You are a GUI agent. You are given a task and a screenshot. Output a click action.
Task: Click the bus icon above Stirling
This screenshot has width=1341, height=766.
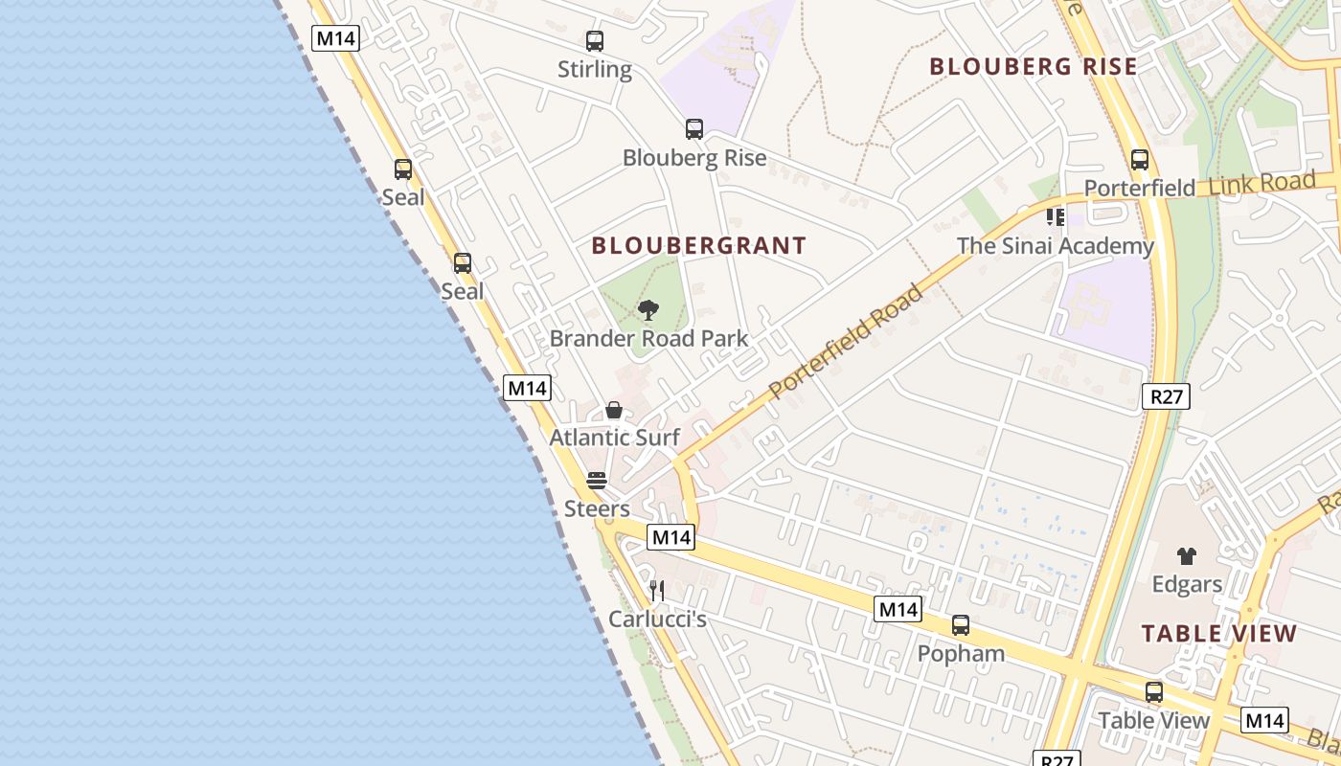(595, 41)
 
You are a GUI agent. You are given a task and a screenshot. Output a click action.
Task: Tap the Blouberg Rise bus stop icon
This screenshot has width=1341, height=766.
(694, 129)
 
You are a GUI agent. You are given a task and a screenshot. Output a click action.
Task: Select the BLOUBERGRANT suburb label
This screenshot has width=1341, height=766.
(699, 246)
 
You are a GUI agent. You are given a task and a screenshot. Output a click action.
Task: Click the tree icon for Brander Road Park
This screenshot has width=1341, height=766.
(648, 310)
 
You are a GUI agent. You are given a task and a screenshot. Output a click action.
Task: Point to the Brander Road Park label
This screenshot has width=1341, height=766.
(648, 339)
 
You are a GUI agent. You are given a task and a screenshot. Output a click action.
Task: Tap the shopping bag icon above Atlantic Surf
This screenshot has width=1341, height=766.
(614, 411)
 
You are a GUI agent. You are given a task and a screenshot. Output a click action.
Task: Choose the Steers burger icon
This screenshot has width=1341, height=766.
(597, 481)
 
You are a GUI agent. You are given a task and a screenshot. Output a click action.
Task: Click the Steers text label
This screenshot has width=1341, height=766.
(597, 508)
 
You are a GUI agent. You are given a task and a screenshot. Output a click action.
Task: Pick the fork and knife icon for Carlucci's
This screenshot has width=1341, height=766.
(657, 591)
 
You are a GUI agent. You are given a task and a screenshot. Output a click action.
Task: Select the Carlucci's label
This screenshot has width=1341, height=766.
(657, 620)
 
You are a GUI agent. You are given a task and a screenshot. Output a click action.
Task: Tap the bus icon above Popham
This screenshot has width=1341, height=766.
(961, 625)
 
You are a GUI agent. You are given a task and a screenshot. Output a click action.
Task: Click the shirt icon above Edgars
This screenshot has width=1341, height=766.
(1187, 555)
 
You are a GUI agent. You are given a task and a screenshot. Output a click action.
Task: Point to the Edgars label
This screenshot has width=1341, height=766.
(1187, 584)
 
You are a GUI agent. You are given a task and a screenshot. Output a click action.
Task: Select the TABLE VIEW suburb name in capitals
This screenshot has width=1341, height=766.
(1219, 634)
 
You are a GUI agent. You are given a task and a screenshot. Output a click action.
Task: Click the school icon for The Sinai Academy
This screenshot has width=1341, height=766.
(1056, 218)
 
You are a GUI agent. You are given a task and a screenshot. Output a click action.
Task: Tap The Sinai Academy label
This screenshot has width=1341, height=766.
(1056, 246)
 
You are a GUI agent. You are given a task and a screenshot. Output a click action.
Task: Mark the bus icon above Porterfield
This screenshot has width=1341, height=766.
(1140, 160)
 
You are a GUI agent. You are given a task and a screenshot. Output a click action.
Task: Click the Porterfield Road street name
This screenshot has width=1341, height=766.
(847, 340)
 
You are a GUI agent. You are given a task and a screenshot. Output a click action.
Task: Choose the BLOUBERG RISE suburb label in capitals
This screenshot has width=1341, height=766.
(1034, 67)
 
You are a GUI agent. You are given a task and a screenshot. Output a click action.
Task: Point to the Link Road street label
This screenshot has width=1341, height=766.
(1261, 183)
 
